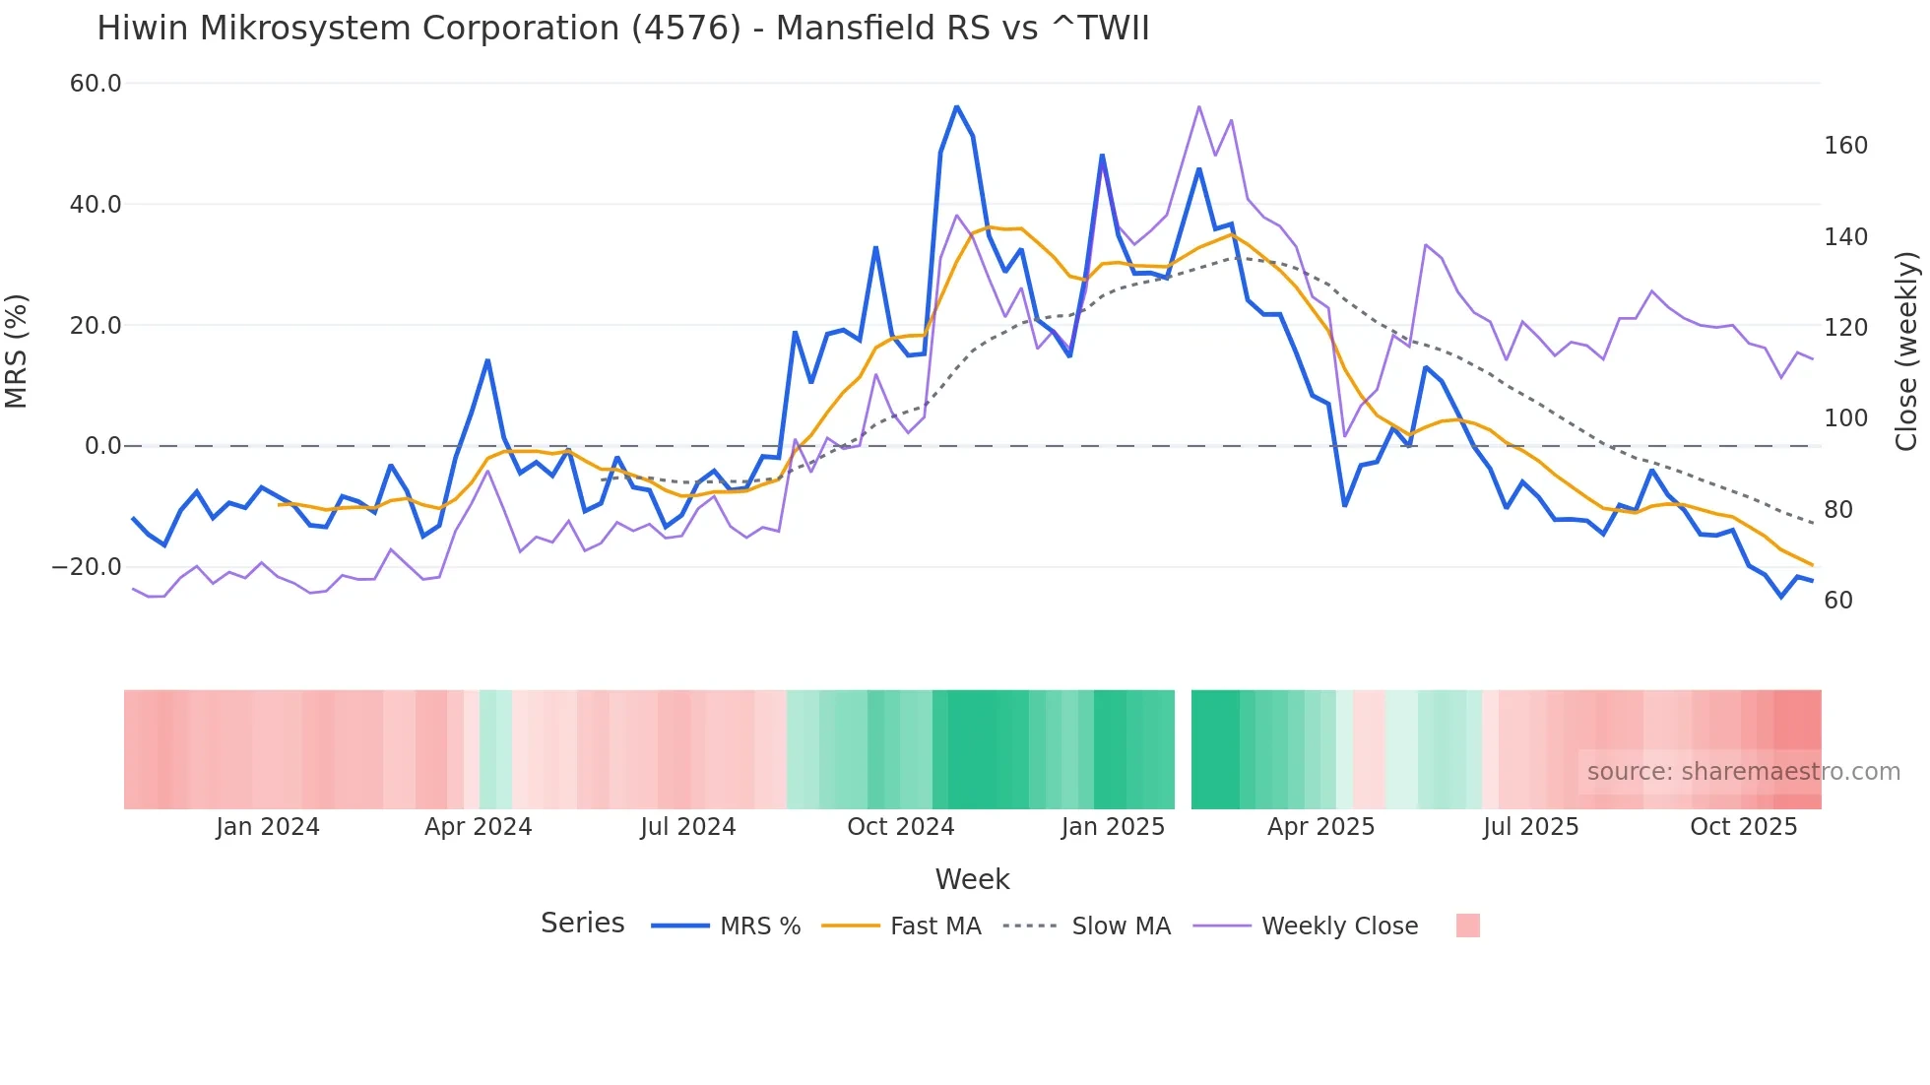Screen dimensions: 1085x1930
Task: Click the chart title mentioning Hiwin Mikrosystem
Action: [622, 29]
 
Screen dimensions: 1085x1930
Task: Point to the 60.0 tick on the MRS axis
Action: [96, 84]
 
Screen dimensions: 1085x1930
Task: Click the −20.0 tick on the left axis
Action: [87, 567]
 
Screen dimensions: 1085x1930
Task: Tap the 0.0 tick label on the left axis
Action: [102, 446]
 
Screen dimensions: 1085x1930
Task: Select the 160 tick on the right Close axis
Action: [1845, 146]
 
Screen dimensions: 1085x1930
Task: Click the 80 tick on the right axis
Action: [1838, 510]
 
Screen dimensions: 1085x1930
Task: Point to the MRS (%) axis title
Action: [17, 351]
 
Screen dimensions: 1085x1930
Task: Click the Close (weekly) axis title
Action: [1906, 351]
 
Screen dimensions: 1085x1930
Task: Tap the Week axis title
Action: [972, 879]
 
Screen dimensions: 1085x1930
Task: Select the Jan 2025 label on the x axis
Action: [1113, 827]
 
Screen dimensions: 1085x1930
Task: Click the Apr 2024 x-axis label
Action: [478, 827]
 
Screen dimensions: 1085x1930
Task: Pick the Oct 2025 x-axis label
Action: [1743, 827]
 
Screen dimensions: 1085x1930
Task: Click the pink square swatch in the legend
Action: [1467, 925]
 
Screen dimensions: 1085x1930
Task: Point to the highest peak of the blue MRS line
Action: [956, 106]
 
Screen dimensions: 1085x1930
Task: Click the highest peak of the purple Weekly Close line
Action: [1198, 106]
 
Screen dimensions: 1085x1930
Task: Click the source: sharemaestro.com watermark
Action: [1743, 772]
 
